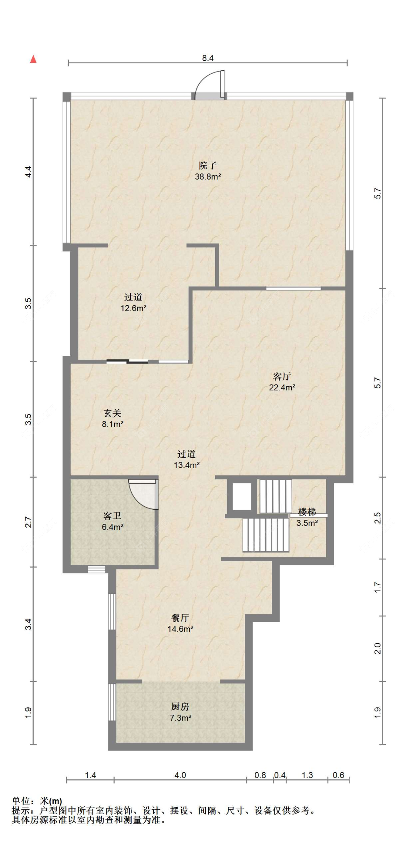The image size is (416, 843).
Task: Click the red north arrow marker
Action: pos(33,59)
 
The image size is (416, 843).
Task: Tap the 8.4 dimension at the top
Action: pos(208,58)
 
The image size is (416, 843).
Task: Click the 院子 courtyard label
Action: pos(208,166)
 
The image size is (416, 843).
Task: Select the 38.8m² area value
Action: pos(208,177)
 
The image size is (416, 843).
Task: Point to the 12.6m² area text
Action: pos(133,308)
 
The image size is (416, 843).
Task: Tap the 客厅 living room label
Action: pos(282,377)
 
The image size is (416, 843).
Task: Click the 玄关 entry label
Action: pos(112,413)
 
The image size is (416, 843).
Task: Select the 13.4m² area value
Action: pos(187,465)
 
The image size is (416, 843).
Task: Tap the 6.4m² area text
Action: pos(112,527)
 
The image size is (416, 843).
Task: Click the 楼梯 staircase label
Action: pos(307,512)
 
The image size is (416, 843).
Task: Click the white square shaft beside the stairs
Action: pos(241,496)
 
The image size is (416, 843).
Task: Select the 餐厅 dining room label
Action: pos(180,618)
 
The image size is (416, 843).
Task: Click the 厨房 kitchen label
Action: pos(180,707)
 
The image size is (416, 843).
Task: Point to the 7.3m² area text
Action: pos(180,718)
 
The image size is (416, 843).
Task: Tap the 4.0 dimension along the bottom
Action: pos(180,775)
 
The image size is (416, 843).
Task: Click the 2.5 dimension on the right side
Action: pos(377,518)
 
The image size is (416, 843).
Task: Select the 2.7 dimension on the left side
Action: pos(28,522)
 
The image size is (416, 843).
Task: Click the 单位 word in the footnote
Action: pos(21,801)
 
